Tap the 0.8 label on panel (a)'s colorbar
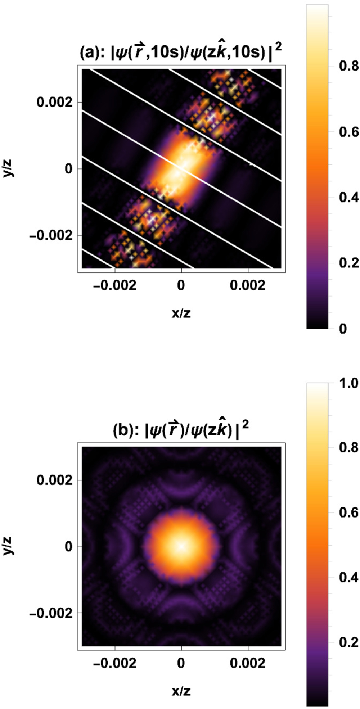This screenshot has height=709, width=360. pyautogui.click(x=348, y=66)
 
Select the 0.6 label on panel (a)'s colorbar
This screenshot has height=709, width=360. pyautogui.click(x=348, y=132)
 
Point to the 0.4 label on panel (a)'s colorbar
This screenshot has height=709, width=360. pyautogui.click(x=348, y=197)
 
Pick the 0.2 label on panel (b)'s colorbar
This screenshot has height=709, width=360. pyautogui.click(x=348, y=642)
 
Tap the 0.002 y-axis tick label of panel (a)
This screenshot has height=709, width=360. pyautogui.click(x=54, y=102)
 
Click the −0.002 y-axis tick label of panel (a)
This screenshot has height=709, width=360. pyautogui.click(x=51, y=235)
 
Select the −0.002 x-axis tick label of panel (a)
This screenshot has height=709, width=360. pyautogui.click(x=114, y=285)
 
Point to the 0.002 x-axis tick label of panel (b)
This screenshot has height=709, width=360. pyautogui.click(x=248, y=663)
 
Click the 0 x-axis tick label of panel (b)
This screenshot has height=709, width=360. pyautogui.click(x=181, y=663)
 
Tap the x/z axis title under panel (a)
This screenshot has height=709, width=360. pyautogui.click(x=181, y=313)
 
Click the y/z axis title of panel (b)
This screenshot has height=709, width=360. pyautogui.click(x=8, y=546)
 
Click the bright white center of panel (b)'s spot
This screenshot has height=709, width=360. pyautogui.click(x=181, y=546)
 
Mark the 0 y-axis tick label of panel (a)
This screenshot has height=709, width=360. pyautogui.click(x=68, y=169)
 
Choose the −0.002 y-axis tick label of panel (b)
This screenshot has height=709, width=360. pyautogui.click(x=51, y=613)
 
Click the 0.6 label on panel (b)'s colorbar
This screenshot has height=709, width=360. pyautogui.click(x=348, y=512)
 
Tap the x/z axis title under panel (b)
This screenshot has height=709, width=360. pyautogui.click(x=181, y=691)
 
